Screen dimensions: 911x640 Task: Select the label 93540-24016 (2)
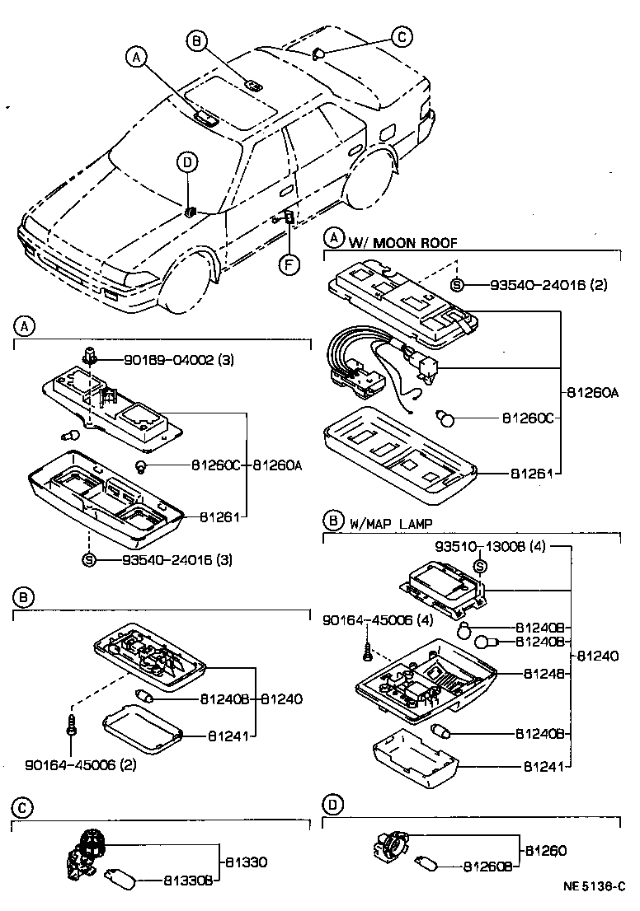click(x=548, y=285)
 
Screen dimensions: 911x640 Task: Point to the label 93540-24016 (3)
click(x=177, y=560)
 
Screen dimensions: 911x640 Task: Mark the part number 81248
click(x=543, y=673)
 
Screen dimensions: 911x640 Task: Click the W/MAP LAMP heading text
click(x=391, y=524)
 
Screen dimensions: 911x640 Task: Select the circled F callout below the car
click(x=288, y=264)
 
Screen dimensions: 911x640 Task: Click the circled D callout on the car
click(x=186, y=162)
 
